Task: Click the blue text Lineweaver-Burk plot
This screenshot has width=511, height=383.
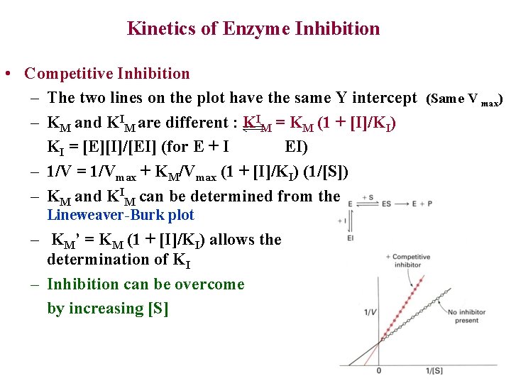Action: coord(120,215)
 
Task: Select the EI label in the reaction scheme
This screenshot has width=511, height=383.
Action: coord(350,238)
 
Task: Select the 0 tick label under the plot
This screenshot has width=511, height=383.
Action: coord(379,371)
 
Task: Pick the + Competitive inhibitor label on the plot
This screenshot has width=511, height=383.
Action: coord(411,261)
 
